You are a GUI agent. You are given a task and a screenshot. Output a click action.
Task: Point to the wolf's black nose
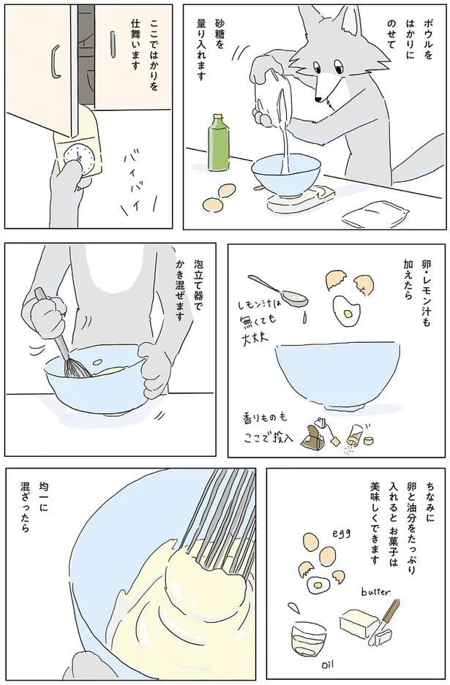[318, 99]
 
